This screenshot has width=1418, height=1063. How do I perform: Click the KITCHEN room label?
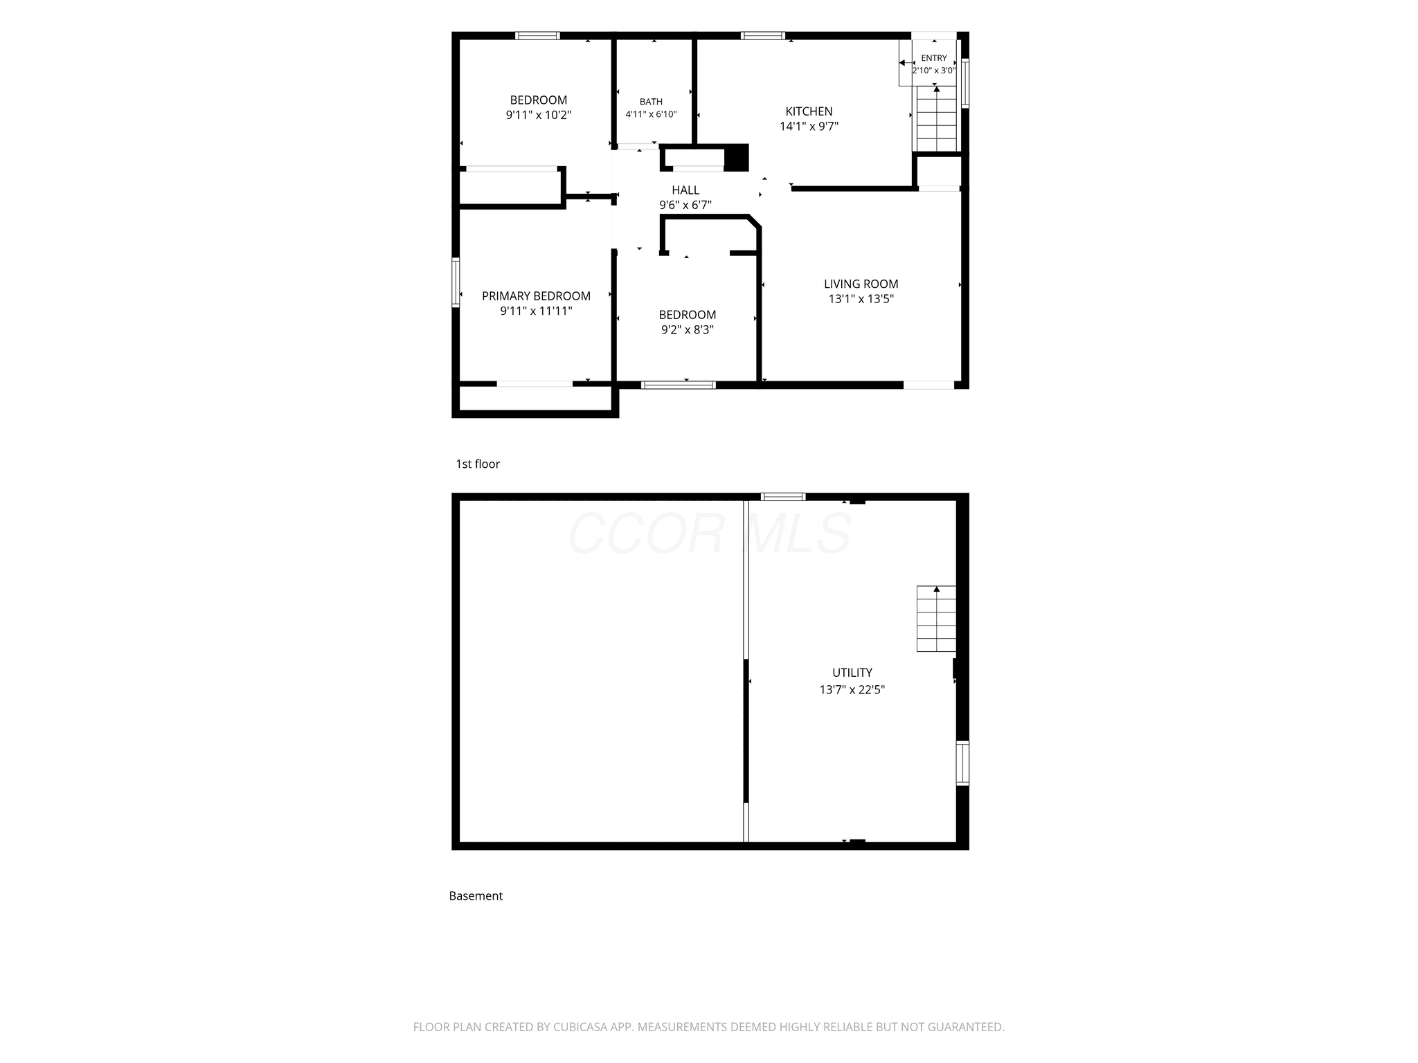coord(809,111)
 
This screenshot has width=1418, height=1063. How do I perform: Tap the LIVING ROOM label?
coord(861,284)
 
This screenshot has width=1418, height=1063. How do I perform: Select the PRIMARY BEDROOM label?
coord(537,296)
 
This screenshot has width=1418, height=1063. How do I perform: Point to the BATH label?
coord(651,102)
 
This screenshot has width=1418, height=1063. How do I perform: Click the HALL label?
coord(685,190)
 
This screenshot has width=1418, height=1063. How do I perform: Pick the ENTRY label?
coord(934,58)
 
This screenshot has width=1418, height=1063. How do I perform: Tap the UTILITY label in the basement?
coord(852,673)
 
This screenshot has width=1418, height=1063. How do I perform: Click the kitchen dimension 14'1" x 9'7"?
coord(809,127)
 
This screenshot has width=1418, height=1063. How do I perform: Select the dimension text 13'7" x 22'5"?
coord(852,689)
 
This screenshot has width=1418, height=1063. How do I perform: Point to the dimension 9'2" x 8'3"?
coord(688,330)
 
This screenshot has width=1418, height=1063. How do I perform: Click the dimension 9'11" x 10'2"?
coord(539,116)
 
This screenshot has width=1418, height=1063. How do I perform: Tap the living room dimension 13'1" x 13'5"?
coord(861,299)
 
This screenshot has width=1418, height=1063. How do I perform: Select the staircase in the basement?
coord(937,619)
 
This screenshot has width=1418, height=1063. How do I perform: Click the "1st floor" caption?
coord(478,464)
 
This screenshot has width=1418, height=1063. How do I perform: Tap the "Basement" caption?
coord(476,896)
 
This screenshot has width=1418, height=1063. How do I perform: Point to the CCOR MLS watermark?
coord(710,533)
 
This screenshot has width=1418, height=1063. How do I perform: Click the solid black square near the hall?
coord(736,158)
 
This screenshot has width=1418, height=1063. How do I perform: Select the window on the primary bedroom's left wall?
coord(456,282)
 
